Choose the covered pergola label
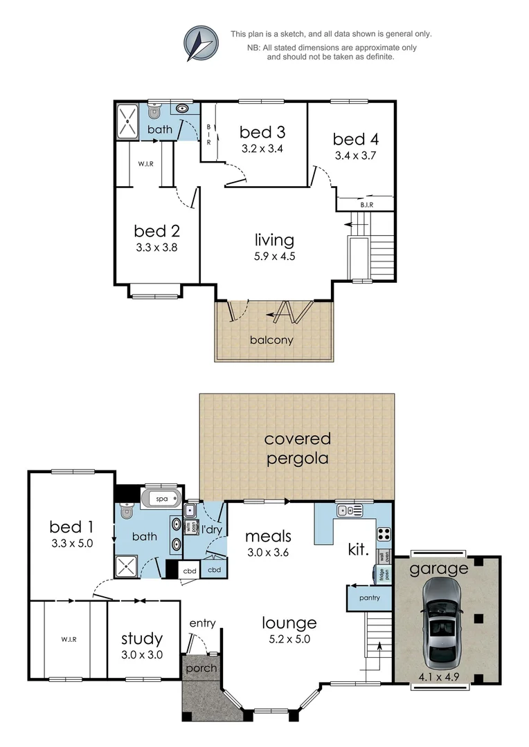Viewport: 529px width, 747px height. pyautogui.click(x=297, y=448)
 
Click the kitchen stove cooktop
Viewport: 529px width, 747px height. pyautogui.click(x=384, y=534)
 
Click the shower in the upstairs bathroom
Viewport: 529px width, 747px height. pyautogui.click(x=128, y=120)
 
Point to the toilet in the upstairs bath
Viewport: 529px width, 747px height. pyautogui.click(x=154, y=110)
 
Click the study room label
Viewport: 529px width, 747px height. pyautogui.click(x=142, y=639)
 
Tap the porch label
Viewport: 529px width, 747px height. pyautogui.click(x=201, y=668)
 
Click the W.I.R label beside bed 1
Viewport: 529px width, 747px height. pyautogui.click(x=68, y=639)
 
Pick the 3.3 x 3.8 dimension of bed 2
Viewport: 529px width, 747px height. pyautogui.click(x=156, y=246)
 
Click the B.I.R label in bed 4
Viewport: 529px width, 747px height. pyautogui.click(x=366, y=205)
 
